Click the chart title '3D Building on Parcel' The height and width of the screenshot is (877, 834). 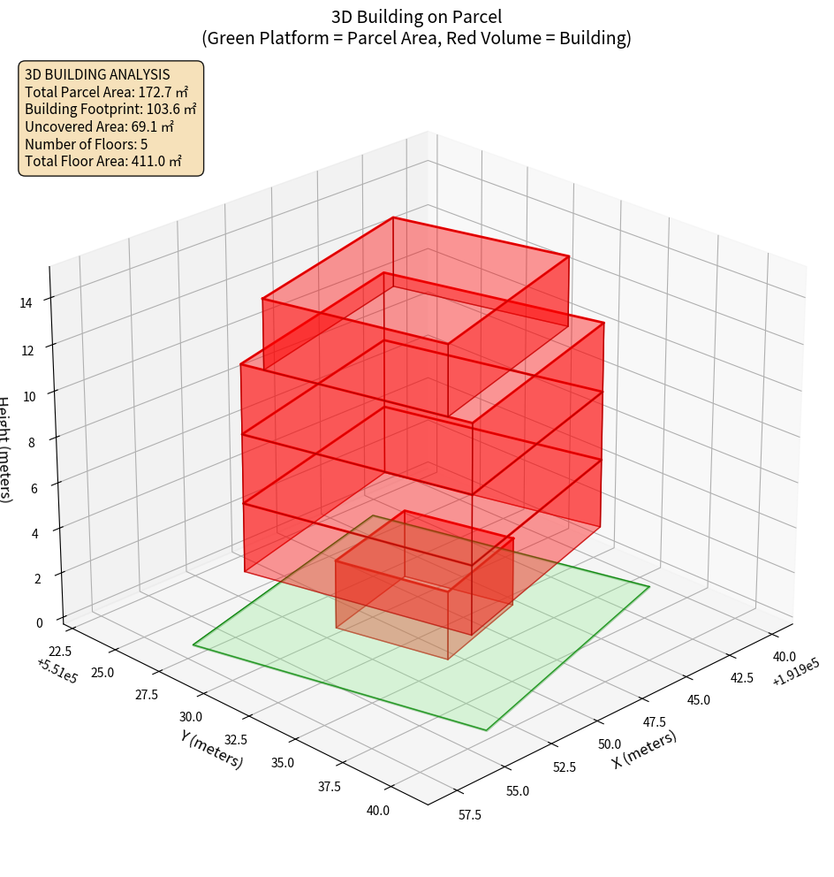(417, 16)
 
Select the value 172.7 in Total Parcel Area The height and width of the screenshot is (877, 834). (155, 91)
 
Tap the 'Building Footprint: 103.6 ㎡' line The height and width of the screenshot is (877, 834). (110, 109)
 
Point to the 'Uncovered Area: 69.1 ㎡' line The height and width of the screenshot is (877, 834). (102, 126)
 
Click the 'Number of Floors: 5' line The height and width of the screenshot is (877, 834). (86, 144)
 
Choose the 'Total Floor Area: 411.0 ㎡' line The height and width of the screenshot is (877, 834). (103, 161)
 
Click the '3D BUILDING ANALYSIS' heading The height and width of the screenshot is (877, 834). (97, 74)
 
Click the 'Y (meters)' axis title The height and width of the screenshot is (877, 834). (211, 748)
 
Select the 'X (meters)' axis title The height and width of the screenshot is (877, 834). (644, 748)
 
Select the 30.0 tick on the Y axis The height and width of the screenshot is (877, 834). (191, 717)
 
